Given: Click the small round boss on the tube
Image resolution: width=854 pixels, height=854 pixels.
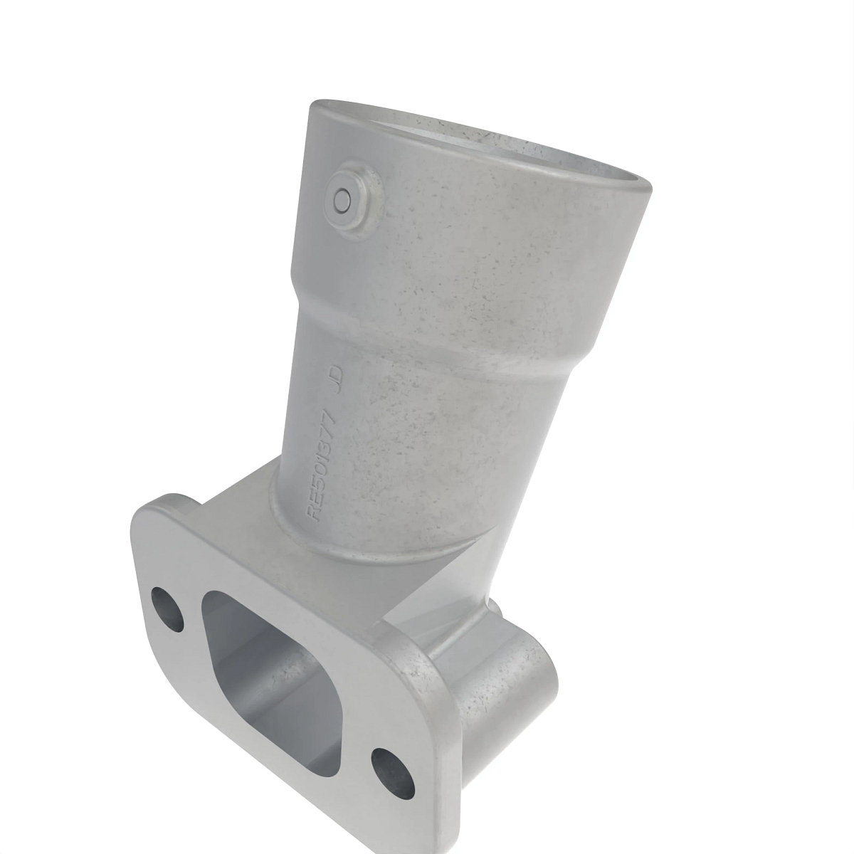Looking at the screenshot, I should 344,199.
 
